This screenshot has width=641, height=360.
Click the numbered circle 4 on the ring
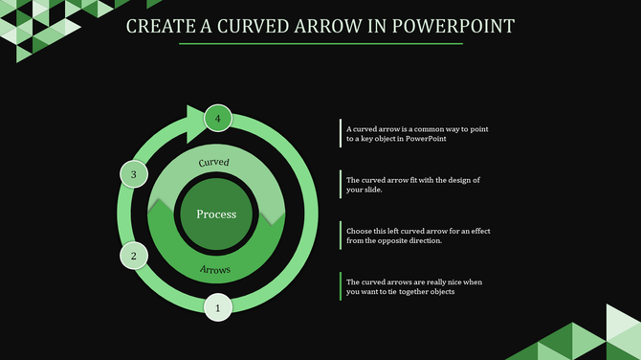tap(218, 118)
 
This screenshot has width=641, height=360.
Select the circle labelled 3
tap(134, 174)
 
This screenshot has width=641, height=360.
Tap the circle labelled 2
tap(134, 256)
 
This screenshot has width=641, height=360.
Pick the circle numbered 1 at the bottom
tap(218, 307)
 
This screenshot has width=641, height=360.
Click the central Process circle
tap(216, 214)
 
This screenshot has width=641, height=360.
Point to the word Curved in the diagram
tap(213, 163)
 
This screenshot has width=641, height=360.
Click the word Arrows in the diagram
tap(215, 270)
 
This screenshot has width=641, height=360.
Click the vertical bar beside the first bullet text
tap(341, 133)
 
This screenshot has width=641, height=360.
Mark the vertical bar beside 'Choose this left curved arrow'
tap(341, 236)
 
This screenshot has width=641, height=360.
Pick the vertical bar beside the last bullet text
tap(341, 286)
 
